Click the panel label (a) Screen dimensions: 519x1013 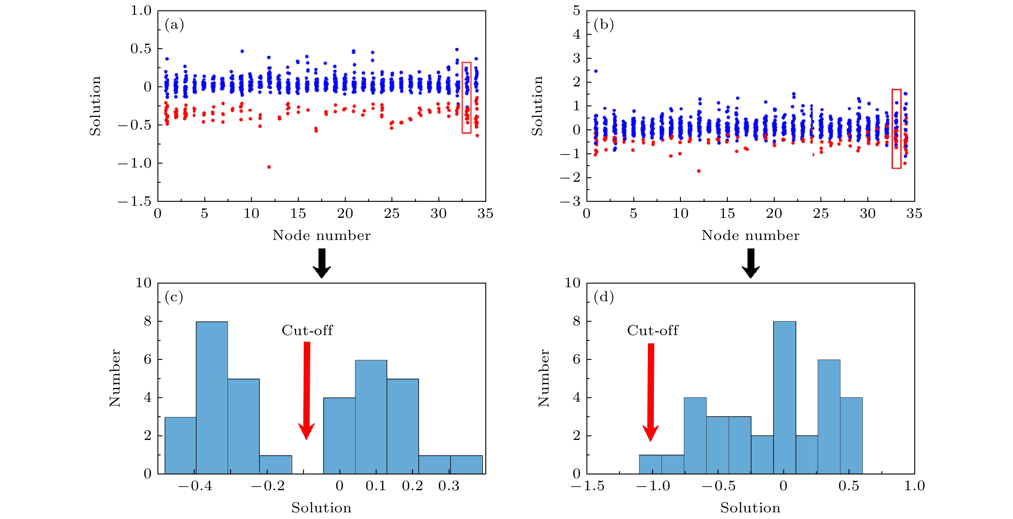(174, 25)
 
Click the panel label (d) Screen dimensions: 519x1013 (604, 297)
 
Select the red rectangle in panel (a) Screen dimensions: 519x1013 (467, 98)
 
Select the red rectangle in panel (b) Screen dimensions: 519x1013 (896, 129)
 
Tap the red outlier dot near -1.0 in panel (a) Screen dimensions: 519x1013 (269, 167)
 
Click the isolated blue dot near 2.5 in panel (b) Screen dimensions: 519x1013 (596, 71)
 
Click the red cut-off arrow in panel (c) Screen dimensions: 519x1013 (306, 390)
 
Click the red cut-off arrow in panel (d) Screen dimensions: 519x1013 (651, 391)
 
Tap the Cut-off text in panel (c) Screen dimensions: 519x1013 (307, 331)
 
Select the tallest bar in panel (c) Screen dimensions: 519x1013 (212, 398)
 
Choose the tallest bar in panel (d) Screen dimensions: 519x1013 (784, 398)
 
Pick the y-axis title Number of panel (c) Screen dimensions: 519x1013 (115, 378)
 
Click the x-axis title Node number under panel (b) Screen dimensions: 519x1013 (750, 235)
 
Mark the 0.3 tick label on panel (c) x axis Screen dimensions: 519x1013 (449, 486)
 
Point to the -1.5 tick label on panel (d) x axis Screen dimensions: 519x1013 (588, 486)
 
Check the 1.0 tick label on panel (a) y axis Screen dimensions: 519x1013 (141, 11)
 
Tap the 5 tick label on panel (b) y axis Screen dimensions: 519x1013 (576, 11)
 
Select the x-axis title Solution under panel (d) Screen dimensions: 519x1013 (750, 508)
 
